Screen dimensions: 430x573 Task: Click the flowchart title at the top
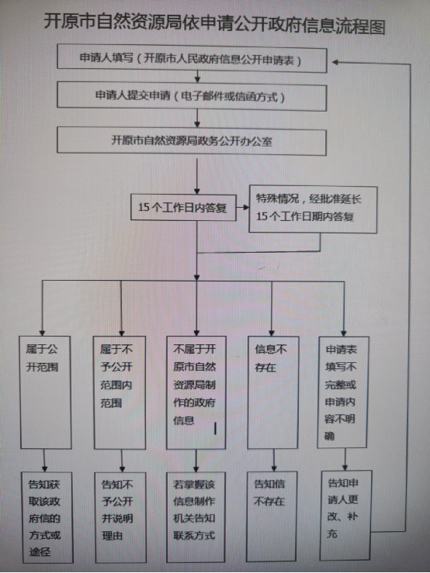click(x=214, y=24)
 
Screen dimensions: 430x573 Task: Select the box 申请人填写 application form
click(x=192, y=58)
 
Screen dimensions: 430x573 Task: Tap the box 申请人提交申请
click(x=192, y=95)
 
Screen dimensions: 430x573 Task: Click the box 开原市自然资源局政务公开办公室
click(x=192, y=141)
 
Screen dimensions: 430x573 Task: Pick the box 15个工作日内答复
click(x=183, y=207)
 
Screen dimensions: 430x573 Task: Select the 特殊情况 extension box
click(x=313, y=209)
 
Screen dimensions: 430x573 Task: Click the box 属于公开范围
click(x=45, y=392)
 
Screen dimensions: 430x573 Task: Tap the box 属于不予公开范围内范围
click(x=120, y=392)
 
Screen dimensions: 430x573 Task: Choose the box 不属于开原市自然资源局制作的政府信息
click(x=196, y=392)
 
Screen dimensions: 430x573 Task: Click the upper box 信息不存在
click(x=273, y=392)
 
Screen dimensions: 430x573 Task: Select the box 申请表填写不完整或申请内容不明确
click(x=343, y=392)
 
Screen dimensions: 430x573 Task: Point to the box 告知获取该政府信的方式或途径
click(x=47, y=517)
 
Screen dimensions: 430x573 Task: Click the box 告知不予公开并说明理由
click(x=120, y=517)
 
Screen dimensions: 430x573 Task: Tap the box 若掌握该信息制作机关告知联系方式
click(x=196, y=517)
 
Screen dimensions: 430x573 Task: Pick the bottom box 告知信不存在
click(x=272, y=516)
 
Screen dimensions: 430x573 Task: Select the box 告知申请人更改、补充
click(x=346, y=516)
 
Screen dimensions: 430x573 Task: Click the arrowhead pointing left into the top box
click(x=335, y=63)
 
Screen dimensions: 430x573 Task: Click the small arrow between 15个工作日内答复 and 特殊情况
click(x=243, y=207)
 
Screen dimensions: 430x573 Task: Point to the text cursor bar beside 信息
click(x=215, y=428)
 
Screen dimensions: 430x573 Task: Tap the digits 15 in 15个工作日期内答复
click(x=262, y=216)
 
